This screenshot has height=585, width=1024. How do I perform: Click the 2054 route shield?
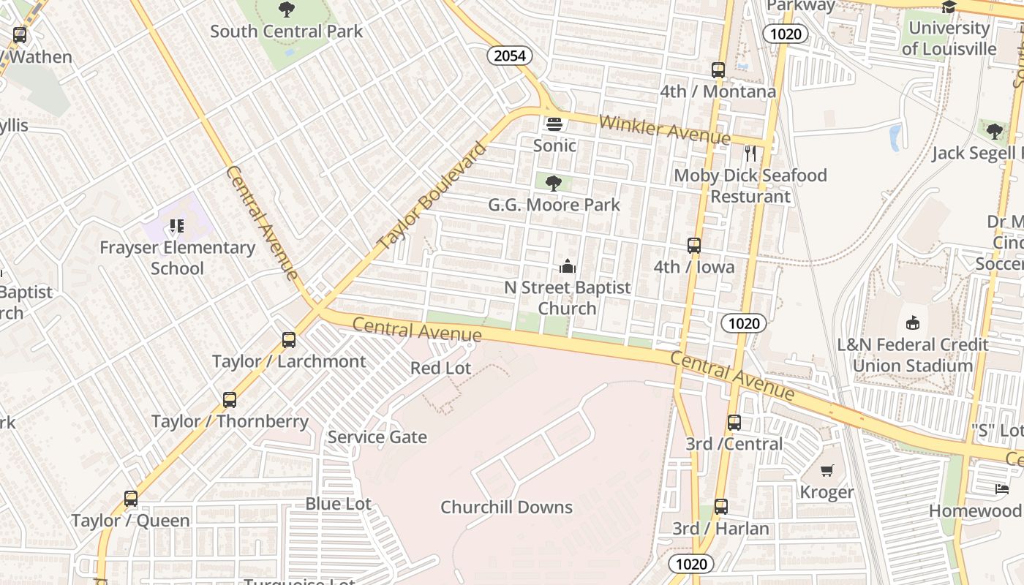tap(510, 56)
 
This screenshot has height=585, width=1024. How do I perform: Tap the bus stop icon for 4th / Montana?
tap(718, 70)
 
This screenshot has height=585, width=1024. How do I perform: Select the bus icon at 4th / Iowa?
tap(694, 246)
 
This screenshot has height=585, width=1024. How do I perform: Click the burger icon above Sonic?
tap(554, 124)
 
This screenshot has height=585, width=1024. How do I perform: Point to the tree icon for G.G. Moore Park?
tap(554, 183)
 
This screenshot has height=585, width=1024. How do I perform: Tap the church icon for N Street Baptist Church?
tap(568, 266)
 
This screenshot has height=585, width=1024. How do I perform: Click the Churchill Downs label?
tap(506, 507)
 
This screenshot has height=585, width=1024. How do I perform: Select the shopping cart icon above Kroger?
tap(827, 470)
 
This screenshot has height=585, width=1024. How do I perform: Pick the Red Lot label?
tap(441, 368)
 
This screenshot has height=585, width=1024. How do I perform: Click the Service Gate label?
tap(377, 437)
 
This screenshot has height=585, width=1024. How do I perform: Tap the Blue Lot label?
tap(338, 504)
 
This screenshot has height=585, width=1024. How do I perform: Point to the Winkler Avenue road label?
tap(664, 129)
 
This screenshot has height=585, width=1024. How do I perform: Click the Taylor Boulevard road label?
tap(432, 197)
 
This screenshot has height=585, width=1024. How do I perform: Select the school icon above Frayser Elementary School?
tap(176, 226)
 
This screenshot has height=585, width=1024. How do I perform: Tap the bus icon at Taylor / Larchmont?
tap(289, 340)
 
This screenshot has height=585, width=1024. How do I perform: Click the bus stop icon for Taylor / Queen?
tap(131, 499)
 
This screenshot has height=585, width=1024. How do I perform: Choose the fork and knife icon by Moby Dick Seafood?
tap(750, 154)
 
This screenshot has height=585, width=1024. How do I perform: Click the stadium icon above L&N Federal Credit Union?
tap(912, 322)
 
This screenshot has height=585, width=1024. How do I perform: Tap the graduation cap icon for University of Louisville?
tap(949, 7)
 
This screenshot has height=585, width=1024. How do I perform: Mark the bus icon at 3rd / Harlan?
tap(721, 506)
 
